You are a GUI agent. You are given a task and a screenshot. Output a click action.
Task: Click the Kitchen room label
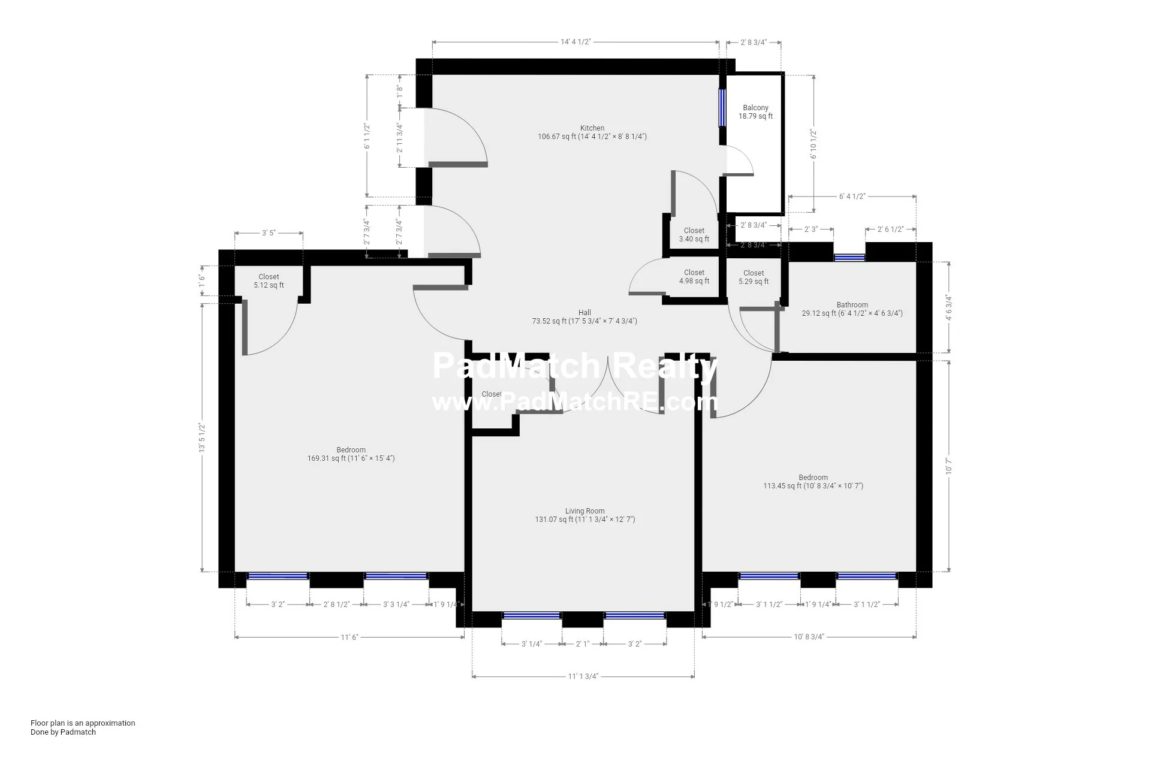click(x=592, y=128)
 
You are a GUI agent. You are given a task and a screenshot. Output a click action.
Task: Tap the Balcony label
click(x=755, y=108)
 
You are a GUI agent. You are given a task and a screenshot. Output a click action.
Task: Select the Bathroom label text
click(x=852, y=305)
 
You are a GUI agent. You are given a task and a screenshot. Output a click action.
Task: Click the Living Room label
click(x=584, y=511)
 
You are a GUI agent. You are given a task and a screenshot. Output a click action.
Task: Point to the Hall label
click(x=584, y=312)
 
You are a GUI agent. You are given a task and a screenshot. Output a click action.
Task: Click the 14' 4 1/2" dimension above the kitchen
click(x=575, y=42)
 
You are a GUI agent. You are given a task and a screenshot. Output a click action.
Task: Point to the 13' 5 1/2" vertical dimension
click(x=203, y=437)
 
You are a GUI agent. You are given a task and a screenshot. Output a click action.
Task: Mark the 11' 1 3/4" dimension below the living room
click(x=583, y=677)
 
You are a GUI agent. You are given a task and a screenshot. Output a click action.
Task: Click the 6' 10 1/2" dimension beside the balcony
click(x=813, y=144)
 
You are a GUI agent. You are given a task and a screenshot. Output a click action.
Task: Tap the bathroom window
click(x=849, y=258)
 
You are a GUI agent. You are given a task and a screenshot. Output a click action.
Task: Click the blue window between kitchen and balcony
click(x=722, y=108)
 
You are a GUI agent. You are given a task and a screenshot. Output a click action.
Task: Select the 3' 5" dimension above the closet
click(x=268, y=233)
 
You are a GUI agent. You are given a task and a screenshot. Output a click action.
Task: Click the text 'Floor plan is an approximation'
click(x=83, y=723)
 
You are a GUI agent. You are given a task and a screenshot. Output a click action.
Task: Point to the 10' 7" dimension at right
click(x=948, y=466)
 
